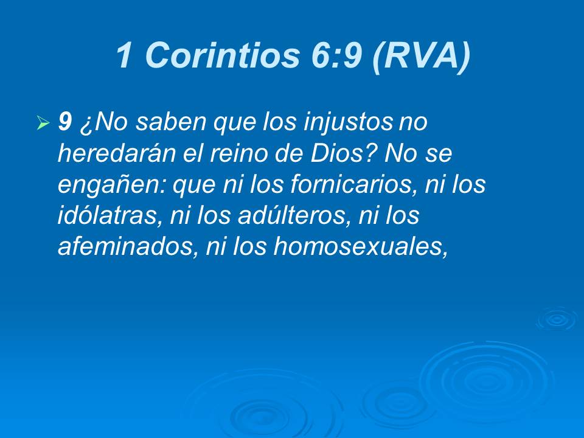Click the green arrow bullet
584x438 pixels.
click(x=43, y=123)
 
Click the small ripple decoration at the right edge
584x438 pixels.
click(x=556, y=319)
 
